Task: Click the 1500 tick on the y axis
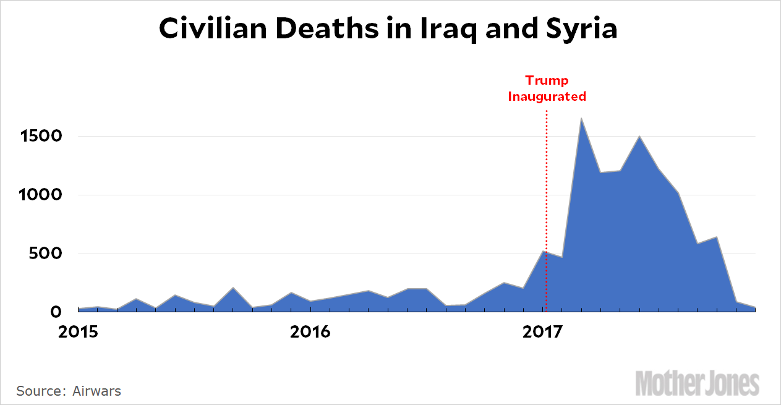40,136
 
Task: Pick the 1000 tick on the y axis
40,195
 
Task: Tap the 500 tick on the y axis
44,254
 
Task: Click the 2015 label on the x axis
79,331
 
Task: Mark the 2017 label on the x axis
542,331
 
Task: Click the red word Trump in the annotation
547,80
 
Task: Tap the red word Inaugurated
547,96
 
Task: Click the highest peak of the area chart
581,119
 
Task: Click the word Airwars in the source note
97,391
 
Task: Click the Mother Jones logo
697,383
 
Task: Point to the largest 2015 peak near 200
233,288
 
